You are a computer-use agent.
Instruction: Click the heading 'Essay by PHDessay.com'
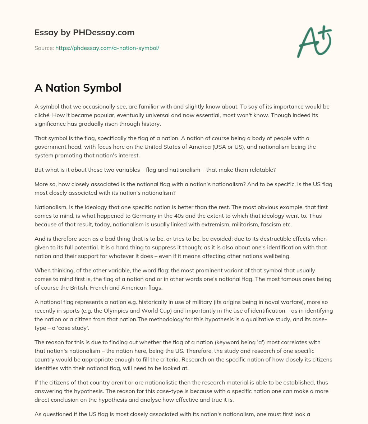pyautogui.click(x=84, y=32)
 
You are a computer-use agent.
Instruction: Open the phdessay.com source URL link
pyautogui.click(x=107, y=48)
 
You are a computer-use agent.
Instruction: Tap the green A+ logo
pyautogui.click(x=314, y=41)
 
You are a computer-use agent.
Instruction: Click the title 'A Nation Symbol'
pyautogui.click(x=78, y=88)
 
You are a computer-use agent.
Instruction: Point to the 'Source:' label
pyautogui.click(x=44, y=48)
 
